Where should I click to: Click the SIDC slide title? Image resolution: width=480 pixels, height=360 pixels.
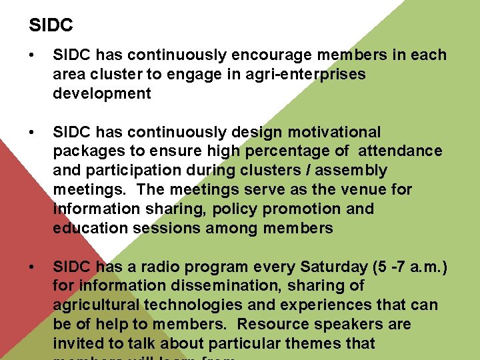click(51, 26)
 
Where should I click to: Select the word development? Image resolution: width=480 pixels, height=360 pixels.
click(102, 94)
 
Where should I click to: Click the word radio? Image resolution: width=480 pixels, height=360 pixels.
click(159, 267)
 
